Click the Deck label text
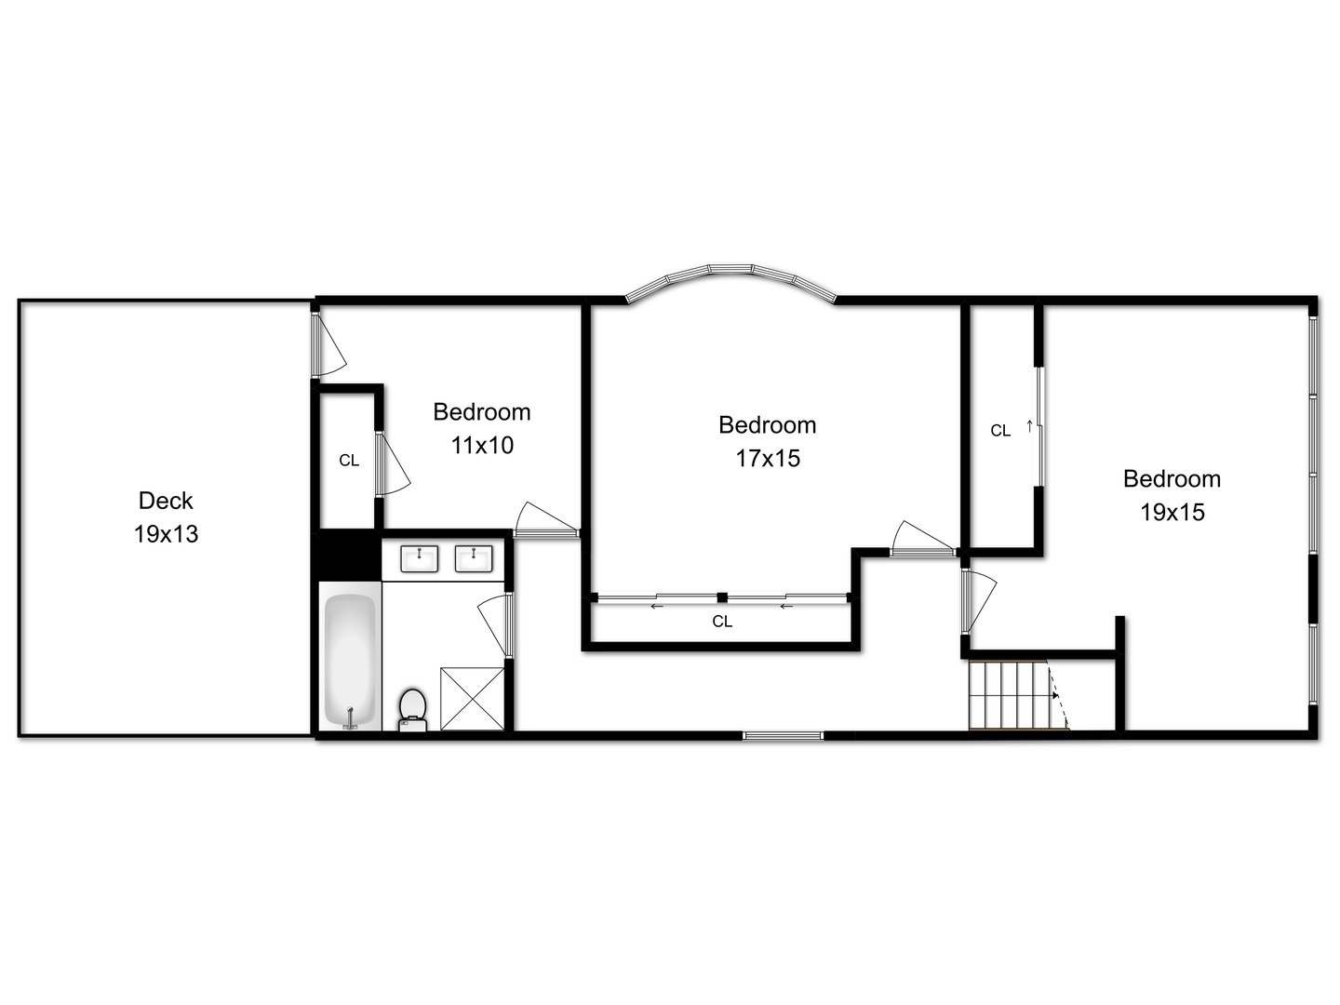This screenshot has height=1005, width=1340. coord(166,501)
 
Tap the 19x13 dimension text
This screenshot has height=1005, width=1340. coord(166,534)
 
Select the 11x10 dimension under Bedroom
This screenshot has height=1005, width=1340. coord(482,446)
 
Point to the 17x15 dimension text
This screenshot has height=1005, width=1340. coord(768,459)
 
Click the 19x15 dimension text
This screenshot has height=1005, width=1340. coord(1172,513)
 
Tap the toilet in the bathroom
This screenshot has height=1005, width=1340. coord(412,708)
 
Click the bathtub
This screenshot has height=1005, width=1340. coord(350,659)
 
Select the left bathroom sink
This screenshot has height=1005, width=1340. coord(419,558)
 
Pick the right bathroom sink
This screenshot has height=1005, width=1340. coord(474,558)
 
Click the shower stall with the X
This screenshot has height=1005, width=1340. coord(472,698)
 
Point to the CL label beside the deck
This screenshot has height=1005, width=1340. coord(349,461)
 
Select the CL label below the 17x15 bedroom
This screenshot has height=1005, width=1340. coord(722,622)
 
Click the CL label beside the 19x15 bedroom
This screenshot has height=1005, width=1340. coord(1000,431)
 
